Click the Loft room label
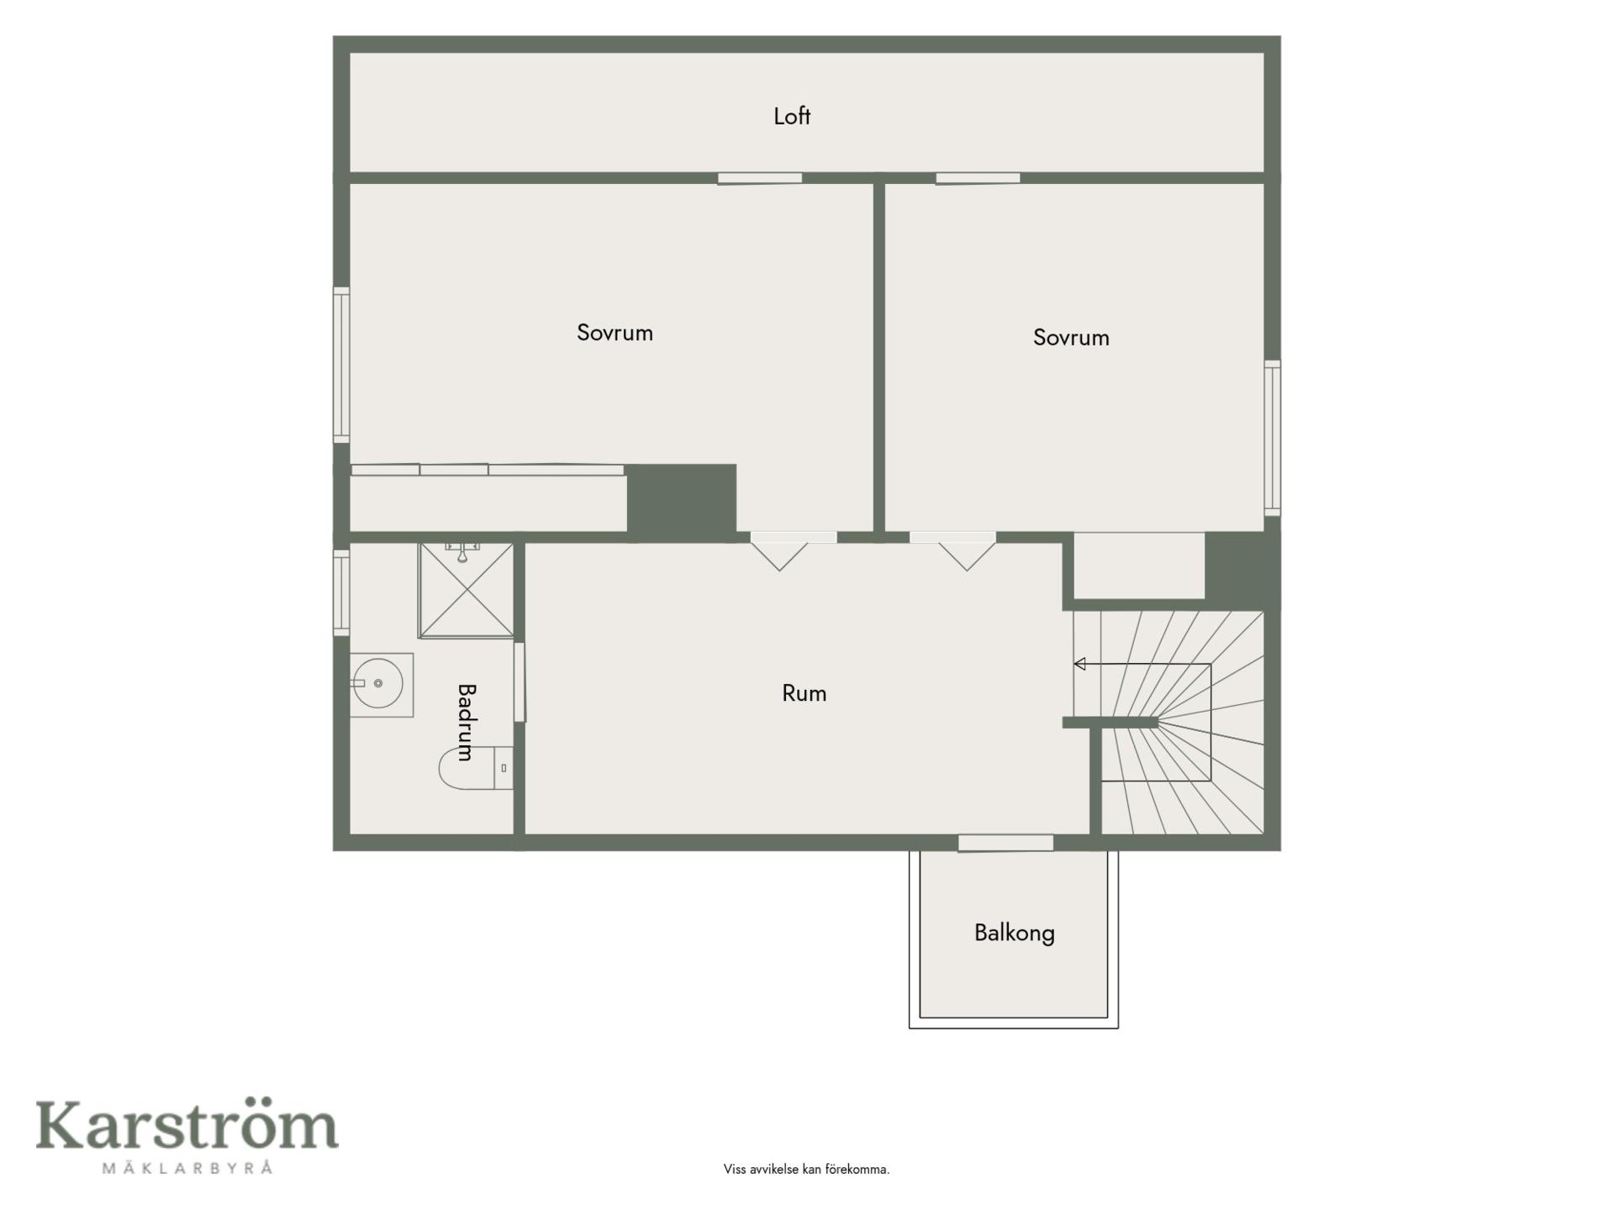[792, 116]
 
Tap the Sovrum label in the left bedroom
[614, 333]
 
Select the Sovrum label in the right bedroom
[1071, 338]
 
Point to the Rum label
[804, 693]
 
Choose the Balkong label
[1015, 934]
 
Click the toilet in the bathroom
[476, 768]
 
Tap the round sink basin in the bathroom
[377, 683]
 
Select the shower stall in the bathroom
[467, 590]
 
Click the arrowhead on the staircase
[1080, 664]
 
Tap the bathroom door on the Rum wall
[520, 681]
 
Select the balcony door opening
[1005, 843]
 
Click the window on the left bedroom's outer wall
[341, 365]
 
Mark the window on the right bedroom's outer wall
[1273, 438]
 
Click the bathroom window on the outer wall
[341, 592]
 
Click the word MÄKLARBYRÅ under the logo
[187, 1168]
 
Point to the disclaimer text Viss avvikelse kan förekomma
[806, 1169]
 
